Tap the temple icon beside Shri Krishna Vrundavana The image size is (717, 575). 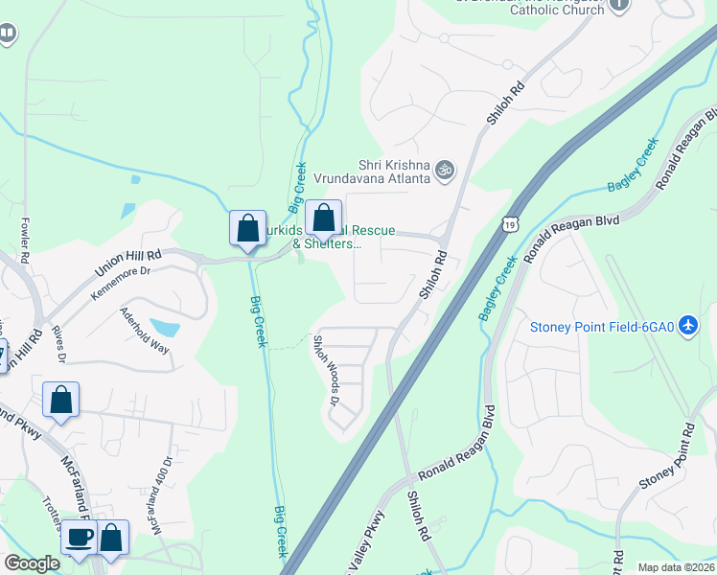click(444, 171)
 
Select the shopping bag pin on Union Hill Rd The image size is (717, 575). click(247, 229)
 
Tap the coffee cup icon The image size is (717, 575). click(80, 538)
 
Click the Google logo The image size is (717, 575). click(32, 563)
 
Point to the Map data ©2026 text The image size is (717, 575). click(676, 567)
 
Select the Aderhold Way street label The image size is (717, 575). click(144, 330)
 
